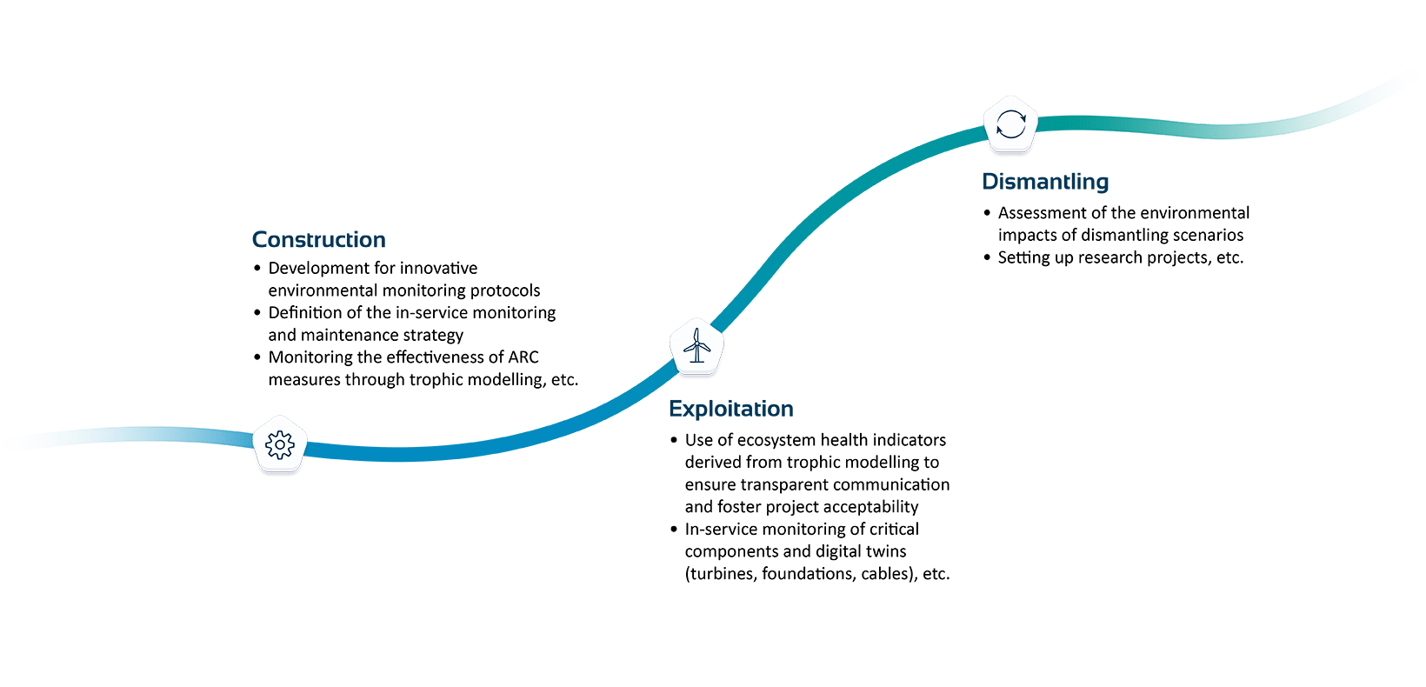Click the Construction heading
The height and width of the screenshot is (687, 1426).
click(319, 239)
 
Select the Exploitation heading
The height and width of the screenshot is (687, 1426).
click(730, 409)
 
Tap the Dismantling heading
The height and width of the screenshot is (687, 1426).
click(1045, 182)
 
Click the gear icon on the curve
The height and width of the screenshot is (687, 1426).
click(280, 445)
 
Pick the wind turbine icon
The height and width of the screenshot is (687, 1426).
click(697, 346)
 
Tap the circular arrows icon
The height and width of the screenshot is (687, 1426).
click(1011, 123)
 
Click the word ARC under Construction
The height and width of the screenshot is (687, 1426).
click(523, 357)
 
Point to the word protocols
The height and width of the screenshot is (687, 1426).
click(505, 291)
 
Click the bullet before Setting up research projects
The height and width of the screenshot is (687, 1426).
click(987, 257)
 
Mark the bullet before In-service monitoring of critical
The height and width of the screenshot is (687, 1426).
click(674, 529)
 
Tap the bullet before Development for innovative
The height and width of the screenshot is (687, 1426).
click(257, 268)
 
